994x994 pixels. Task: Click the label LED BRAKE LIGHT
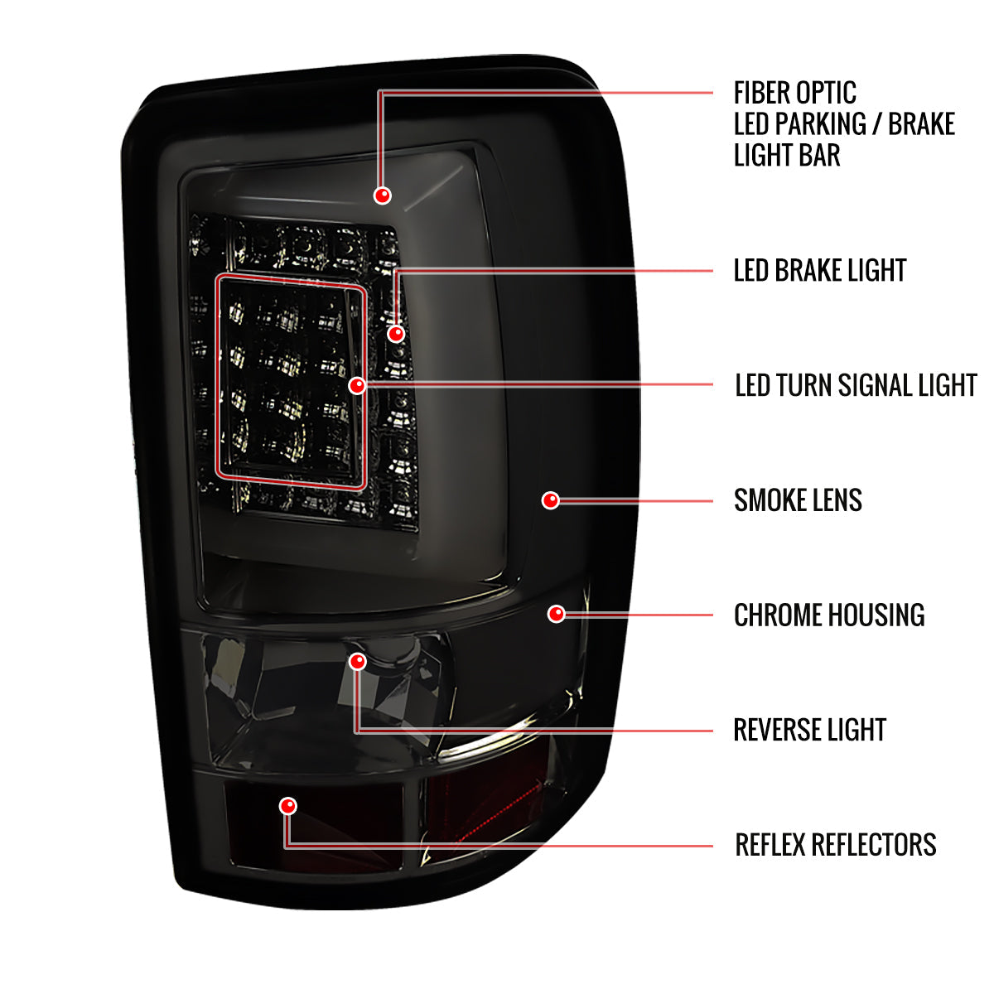click(819, 270)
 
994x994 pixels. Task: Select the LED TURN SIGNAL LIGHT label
click(856, 385)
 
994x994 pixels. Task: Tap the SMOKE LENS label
click(798, 499)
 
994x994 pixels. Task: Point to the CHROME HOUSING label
click(829, 615)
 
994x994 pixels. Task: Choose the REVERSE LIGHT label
click(809, 730)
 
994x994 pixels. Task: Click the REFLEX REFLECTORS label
click(835, 844)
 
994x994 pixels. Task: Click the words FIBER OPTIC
click(795, 93)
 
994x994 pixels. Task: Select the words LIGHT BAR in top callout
click(787, 155)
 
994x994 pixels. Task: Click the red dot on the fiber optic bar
click(382, 195)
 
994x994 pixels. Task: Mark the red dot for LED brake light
click(396, 334)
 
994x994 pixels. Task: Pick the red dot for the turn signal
click(357, 385)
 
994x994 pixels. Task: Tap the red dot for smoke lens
click(550, 499)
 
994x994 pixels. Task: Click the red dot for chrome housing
click(556, 614)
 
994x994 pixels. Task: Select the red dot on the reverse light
click(358, 661)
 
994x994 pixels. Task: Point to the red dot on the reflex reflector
click(287, 806)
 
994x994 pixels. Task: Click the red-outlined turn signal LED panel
click(218, 382)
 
